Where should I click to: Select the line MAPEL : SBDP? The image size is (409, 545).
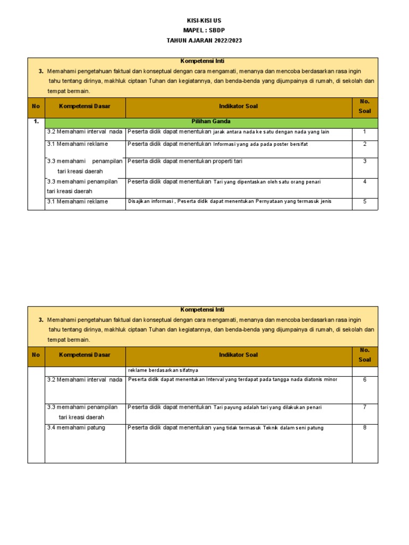point(204,30)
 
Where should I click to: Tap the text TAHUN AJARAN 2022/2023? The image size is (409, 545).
point(204,40)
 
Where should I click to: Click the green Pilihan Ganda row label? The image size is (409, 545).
point(211,122)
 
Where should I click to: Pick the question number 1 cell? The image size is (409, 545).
point(364,131)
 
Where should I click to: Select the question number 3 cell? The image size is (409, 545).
point(364,161)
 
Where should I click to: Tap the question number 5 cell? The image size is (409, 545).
point(364,202)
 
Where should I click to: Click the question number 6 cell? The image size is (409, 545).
point(364,379)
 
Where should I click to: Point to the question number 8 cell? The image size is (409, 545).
point(364,427)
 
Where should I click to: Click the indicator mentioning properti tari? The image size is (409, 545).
point(185,161)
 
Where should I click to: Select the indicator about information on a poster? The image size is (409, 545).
point(218,144)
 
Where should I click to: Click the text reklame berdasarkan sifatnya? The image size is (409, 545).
point(162,370)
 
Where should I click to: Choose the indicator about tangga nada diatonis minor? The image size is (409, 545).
point(232,379)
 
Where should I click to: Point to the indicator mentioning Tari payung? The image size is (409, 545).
point(224,407)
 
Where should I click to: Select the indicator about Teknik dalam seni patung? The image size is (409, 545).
point(225,427)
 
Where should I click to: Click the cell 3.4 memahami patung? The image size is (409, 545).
point(76,427)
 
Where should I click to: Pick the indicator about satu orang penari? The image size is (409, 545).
point(224,181)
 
